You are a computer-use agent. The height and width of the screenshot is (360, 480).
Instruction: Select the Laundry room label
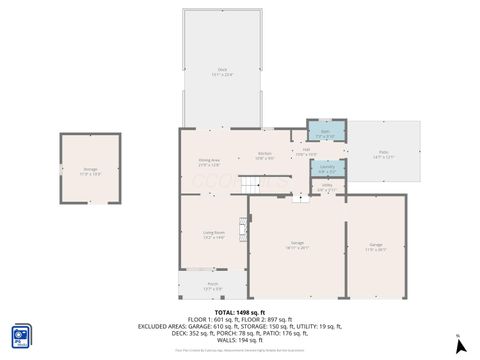click(326, 167)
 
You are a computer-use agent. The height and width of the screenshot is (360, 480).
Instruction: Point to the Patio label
click(384, 155)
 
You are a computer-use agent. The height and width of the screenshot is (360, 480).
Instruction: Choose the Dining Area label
click(208, 162)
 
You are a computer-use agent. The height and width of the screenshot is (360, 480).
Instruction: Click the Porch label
click(212, 286)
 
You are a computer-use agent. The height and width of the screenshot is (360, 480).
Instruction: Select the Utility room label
click(326, 187)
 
